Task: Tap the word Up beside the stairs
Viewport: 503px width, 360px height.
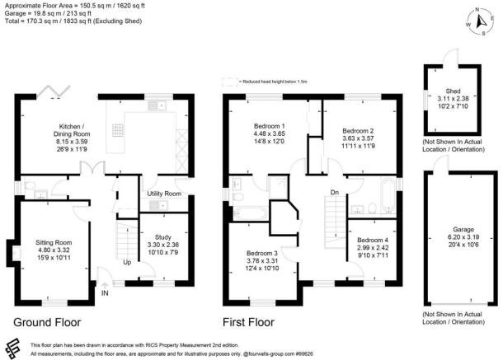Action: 126,264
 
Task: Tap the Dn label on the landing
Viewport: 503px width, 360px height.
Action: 334,193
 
